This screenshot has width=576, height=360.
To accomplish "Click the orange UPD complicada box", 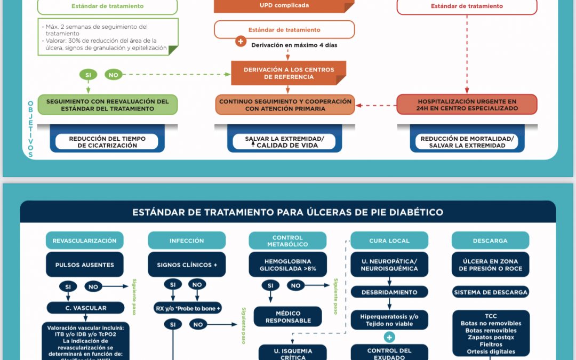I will (284, 6).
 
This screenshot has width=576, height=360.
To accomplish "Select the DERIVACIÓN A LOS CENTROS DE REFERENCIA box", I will (289, 73).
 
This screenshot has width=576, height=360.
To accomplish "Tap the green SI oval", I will (88, 75).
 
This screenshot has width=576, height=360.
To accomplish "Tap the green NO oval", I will (113, 75).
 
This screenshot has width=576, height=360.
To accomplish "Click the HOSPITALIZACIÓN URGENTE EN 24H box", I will (467, 105).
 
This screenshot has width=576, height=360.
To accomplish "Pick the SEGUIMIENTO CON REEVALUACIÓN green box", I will (107, 105).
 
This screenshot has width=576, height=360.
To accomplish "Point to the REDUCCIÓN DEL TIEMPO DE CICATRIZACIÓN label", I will (107, 142).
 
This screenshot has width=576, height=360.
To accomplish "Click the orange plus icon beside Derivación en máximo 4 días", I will (241, 42).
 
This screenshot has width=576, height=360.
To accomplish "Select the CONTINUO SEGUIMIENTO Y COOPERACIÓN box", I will (285, 105).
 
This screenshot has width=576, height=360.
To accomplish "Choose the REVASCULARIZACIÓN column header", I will (84, 241).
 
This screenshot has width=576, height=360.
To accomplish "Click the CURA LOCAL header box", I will (389, 241).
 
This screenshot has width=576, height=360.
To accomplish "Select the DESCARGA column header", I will (490, 241).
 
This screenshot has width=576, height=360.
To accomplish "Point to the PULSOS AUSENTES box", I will (84, 265).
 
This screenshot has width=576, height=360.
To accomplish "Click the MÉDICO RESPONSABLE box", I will (288, 317).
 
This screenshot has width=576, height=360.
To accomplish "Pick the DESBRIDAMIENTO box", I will (389, 292).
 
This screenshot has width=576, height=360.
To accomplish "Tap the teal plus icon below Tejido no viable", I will (389, 337).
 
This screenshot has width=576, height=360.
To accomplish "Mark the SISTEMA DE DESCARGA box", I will (491, 292).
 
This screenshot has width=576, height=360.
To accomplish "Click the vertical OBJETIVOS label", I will (30, 128).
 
